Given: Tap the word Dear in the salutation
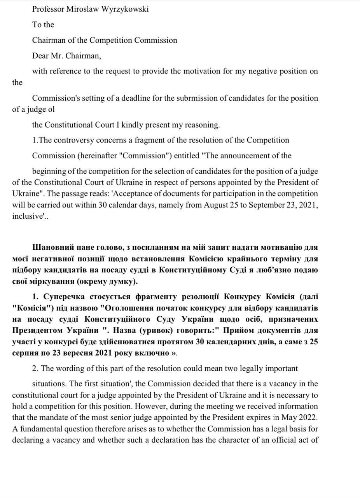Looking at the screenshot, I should coord(40,56).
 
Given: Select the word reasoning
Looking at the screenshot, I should coord(202,125).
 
